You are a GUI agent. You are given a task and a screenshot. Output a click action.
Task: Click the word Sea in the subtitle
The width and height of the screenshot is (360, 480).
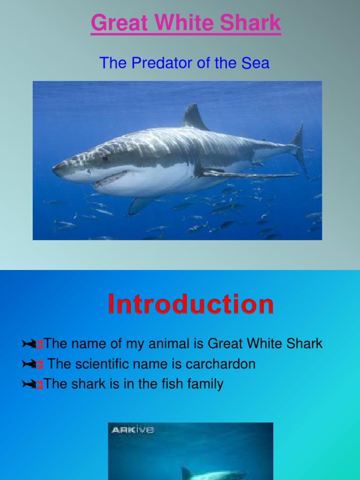tap(255, 63)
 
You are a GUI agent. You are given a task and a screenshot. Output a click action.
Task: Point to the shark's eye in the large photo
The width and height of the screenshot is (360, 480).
tap(105, 157)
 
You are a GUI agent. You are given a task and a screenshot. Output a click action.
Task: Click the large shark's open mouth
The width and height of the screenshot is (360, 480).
tap(111, 178)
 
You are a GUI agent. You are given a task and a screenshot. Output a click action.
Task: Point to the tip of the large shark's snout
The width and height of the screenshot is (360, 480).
tap(54, 166)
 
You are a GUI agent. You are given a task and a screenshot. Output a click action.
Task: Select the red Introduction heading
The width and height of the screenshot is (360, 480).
tap(191, 304)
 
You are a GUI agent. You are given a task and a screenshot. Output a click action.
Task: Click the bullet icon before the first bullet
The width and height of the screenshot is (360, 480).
tap(32, 345)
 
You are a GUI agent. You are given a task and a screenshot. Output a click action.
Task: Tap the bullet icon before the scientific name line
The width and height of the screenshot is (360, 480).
tap(32, 365)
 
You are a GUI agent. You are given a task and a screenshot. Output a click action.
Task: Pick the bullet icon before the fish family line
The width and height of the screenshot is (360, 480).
tap(32, 385)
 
